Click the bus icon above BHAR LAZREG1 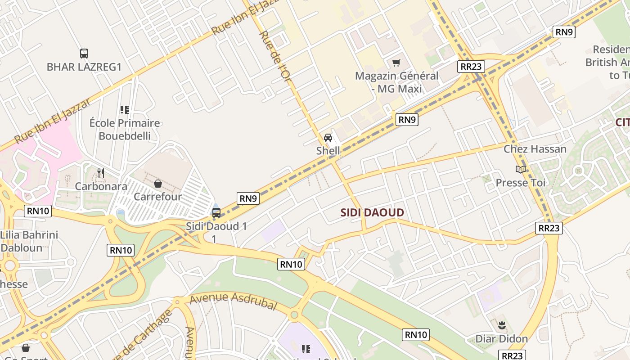click(84, 54)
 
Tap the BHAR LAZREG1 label click(84, 67)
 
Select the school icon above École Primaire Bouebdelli click(125, 109)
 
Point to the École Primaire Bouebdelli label click(125, 129)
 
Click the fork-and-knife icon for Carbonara click(101, 173)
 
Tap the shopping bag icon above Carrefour click(158, 184)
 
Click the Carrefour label click(158, 197)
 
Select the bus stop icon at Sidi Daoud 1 click(216, 213)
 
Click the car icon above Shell click(328, 138)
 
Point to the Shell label click(328, 151)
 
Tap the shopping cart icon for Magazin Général click(396, 63)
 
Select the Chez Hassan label click(535, 149)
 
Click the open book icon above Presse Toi click(521, 170)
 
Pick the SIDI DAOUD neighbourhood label click(372, 212)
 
